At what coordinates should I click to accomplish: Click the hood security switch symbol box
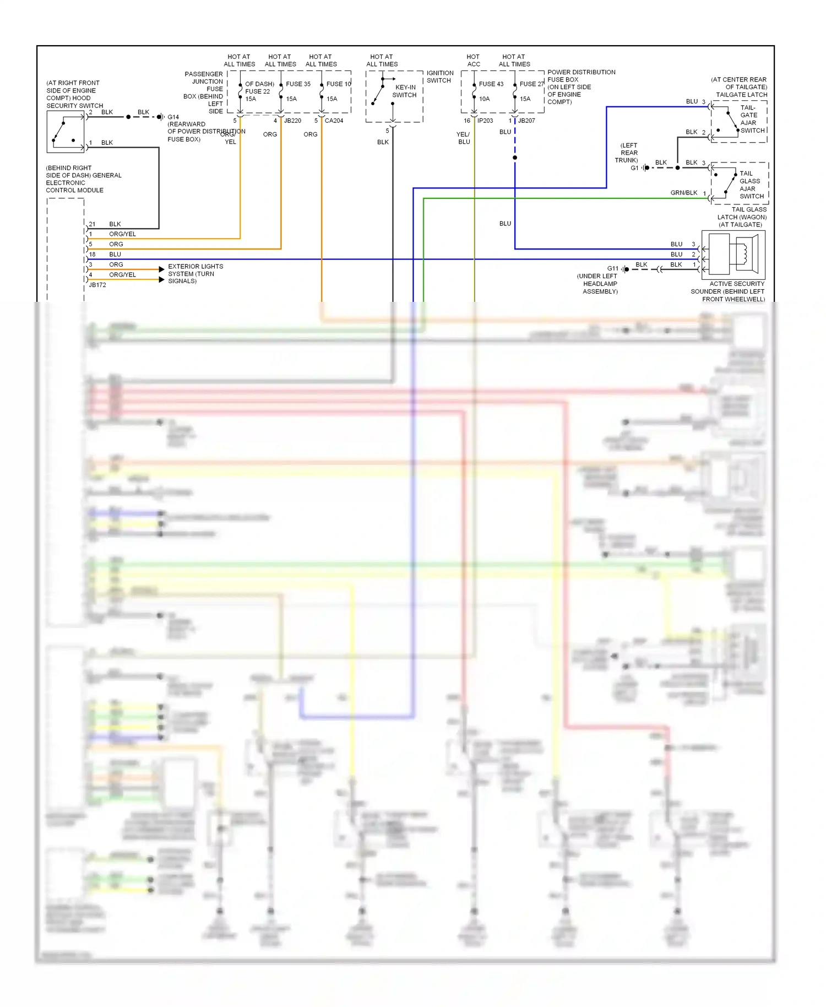point(66,132)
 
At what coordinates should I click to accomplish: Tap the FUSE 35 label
point(298,84)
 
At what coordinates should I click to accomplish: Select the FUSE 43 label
point(491,84)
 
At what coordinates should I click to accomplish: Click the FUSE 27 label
point(531,84)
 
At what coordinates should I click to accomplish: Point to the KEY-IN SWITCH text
point(405,91)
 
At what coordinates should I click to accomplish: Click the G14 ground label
point(173,117)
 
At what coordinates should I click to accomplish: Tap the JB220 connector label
point(292,121)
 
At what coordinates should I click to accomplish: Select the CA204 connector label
point(334,121)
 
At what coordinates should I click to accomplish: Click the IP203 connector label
point(485,121)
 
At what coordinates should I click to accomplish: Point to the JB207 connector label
point(526,121)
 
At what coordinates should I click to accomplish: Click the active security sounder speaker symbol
point(733,253)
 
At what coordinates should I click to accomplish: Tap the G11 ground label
point(613,269)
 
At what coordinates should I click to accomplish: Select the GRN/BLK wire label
point(684,193)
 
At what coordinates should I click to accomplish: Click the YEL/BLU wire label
point(463,138)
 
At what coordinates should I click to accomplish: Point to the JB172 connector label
point(97,285)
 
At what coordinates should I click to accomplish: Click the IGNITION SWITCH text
point(439,77)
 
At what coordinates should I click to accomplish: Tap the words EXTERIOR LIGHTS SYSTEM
point(195,270)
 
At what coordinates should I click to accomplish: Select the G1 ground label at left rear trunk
point(634,168)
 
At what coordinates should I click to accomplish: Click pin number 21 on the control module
point(92,224)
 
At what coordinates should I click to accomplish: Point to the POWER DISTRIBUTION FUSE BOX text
point(581,76)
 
